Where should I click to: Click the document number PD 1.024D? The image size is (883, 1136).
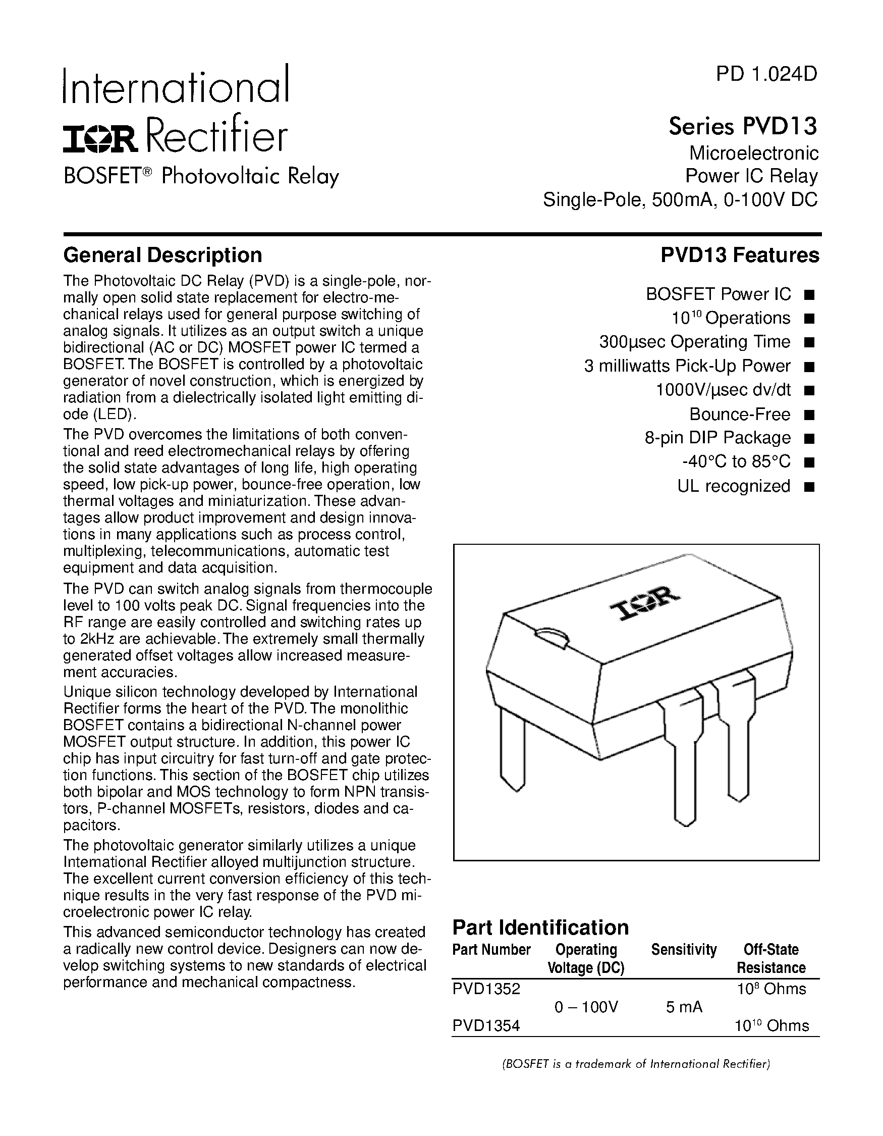coord(766,75)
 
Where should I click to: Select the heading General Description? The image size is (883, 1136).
coord(162,255)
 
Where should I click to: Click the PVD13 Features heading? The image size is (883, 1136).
coord(740,255)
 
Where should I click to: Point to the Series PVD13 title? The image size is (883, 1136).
coord(743,126)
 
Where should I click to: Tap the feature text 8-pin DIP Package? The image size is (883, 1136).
coord(717,438)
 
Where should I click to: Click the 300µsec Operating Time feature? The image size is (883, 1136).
coord(694,342)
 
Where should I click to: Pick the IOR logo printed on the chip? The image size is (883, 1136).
coord(644,605)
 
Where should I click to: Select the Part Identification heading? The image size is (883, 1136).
coord(540,928)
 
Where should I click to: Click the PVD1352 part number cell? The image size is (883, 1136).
coord(486,989)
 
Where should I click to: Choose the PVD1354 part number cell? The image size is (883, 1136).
coord(486,1026)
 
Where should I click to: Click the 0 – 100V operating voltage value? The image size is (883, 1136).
coord(586,1008)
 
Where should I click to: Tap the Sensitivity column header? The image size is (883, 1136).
coord(684,950)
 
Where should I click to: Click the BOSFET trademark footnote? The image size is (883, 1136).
coord(636,1064)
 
